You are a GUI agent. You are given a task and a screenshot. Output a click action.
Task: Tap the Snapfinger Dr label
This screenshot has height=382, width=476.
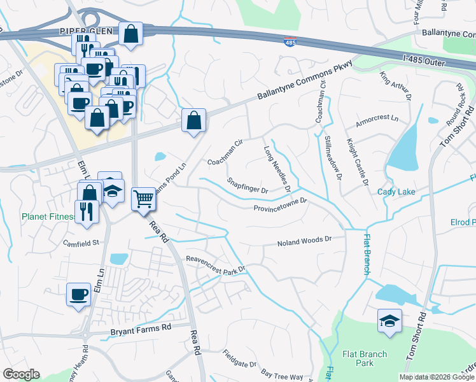coord(248,185)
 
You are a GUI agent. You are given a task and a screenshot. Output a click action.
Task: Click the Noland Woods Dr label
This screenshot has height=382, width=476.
coord(305,241)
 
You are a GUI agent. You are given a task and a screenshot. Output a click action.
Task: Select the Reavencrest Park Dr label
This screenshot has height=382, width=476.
coord(215,264)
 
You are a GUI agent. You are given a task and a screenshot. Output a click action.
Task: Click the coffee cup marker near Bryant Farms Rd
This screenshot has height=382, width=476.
coord(78,295)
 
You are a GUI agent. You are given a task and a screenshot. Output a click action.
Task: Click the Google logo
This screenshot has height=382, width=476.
coord(21,374)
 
